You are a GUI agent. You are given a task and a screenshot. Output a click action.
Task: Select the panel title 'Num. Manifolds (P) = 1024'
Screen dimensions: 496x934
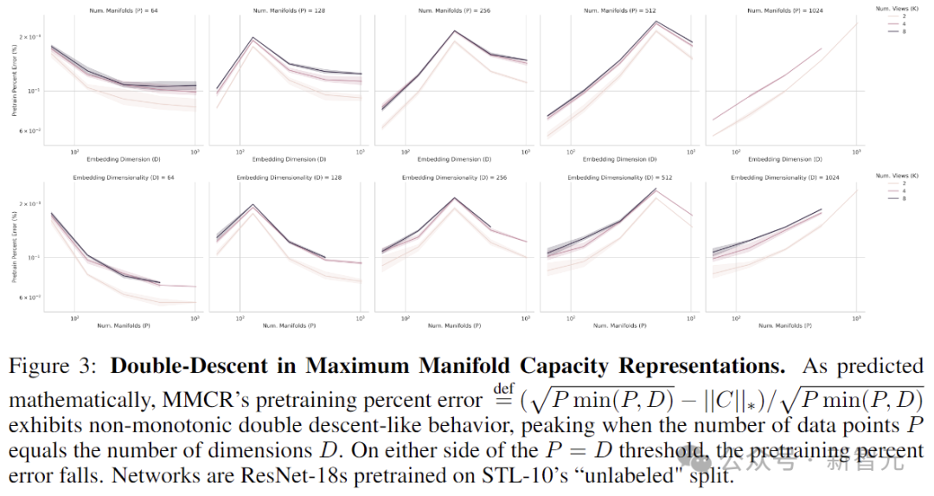click(784, 10)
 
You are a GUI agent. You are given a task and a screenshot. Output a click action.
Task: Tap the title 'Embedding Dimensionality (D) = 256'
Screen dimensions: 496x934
click(453, 177)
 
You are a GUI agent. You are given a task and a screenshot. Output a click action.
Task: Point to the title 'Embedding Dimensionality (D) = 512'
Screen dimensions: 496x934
click(619, 177)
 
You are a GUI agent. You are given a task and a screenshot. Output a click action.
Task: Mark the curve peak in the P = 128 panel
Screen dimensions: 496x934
click(254, 38)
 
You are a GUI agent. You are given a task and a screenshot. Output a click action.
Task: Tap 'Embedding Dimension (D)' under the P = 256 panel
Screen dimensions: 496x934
click(453, 159)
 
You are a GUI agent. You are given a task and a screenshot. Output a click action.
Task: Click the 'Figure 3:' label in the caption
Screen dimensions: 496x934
click(54, 366)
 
